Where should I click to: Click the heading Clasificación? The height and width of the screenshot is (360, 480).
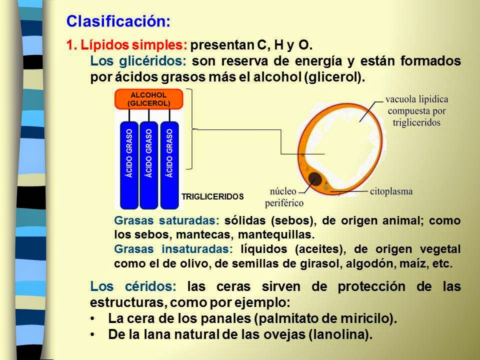(x=118, y=21)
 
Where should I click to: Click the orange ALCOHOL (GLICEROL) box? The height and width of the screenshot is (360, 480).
(x=149, y=99)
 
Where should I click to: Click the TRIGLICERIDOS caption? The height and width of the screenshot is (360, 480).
(x=212, y=197)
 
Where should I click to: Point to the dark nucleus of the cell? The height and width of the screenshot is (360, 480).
(x=315, y=178)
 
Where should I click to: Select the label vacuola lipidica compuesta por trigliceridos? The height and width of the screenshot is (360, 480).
(x=416, y=110)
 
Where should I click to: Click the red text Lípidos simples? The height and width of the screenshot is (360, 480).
(x=127, y=46)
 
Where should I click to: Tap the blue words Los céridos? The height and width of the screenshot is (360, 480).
(x=133, y=287)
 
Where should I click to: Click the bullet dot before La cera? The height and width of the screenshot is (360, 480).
(x=94, y=319)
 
